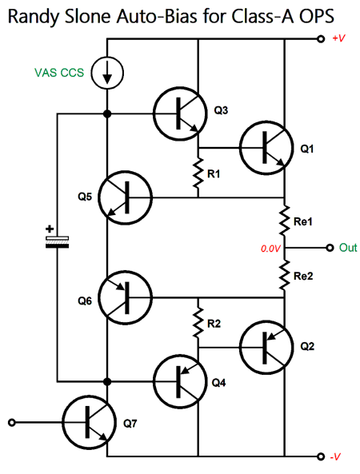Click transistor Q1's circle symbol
(x=266, y=148)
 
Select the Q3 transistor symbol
(x=180, y=114)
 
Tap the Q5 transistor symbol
(x=126, y=197)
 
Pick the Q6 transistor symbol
(x=126, y=298)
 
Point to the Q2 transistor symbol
(x=266, y=347)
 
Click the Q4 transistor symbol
(x=180, y=381)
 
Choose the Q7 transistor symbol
(x=90, y=422)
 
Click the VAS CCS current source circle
(x=107, y=73)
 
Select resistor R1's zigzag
(x=198, y=173)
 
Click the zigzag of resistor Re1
(x=284, y=221)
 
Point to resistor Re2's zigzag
(x=284, y=276)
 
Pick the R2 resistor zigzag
(x=198, y=323)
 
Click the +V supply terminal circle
(x=321, y=39)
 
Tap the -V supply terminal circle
(x=321, y=456)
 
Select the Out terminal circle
(x=330, y=248)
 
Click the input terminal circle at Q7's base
(x=11, y=422)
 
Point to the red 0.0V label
(x=270, y=249)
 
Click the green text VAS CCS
(x=59, y=73)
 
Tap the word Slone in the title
(x=88, y=17)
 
